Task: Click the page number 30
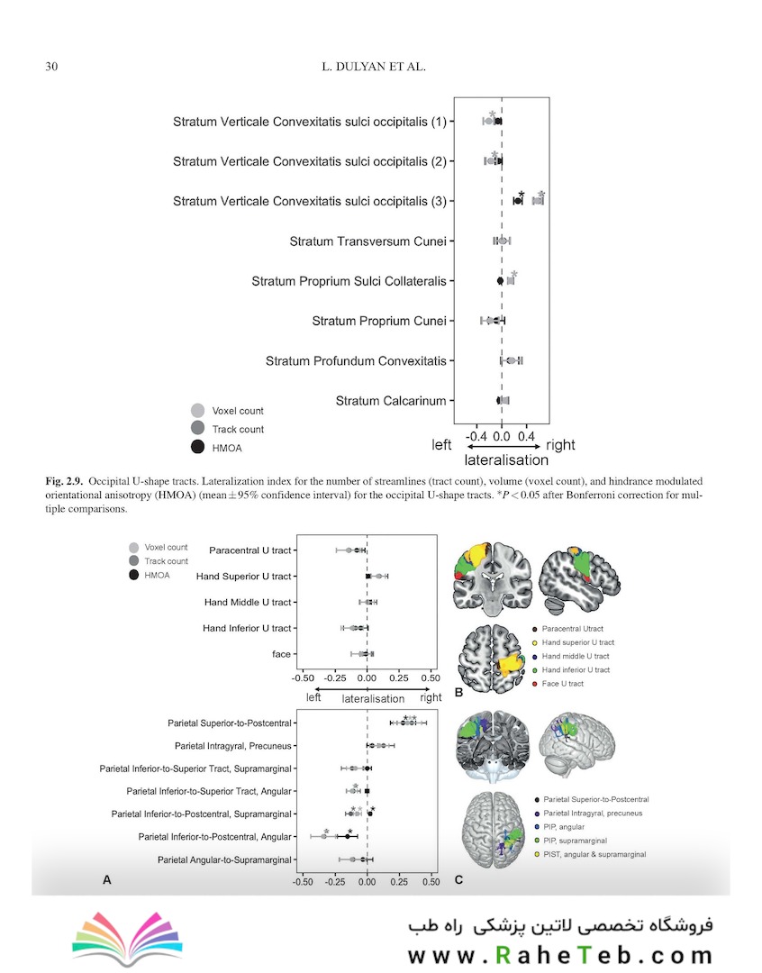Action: [51, 67]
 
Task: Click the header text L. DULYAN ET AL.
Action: [374, 67]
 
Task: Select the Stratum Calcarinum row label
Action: [391, 401]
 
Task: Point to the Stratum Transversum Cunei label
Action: [368, 241]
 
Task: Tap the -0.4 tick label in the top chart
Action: [476, 436]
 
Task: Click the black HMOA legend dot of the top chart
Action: [198, 447]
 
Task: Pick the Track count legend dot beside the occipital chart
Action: [198, 428]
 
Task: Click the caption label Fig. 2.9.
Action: [64, 481]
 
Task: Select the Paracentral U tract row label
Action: [250, 550]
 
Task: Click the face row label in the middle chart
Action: [281, 654]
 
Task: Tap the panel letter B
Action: [458, 693]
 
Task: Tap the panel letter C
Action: [458, 879]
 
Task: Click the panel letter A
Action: [106, 879]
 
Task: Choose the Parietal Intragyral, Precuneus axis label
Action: [232, 746]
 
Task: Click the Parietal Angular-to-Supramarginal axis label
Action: [224, 860]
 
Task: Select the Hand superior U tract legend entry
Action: [573, 643]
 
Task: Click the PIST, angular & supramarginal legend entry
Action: [589, 854]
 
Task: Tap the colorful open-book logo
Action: [128, 938]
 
